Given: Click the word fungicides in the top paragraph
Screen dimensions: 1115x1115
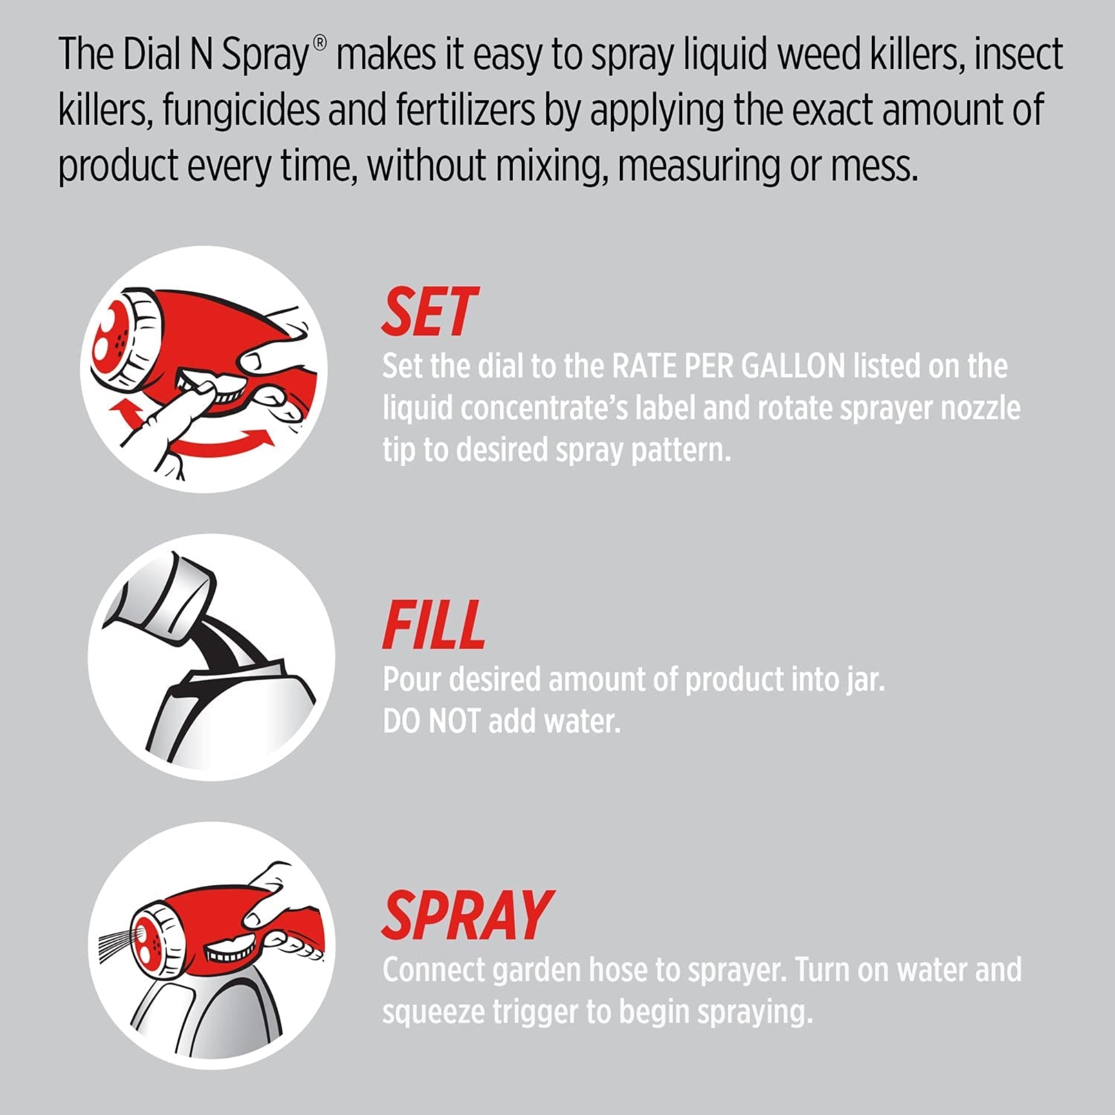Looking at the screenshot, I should tap(241, 110).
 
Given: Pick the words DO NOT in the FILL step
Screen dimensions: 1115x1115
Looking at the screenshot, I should tap(431, 721).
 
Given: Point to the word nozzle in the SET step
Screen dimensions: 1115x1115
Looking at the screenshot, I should tap(980, 408).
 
